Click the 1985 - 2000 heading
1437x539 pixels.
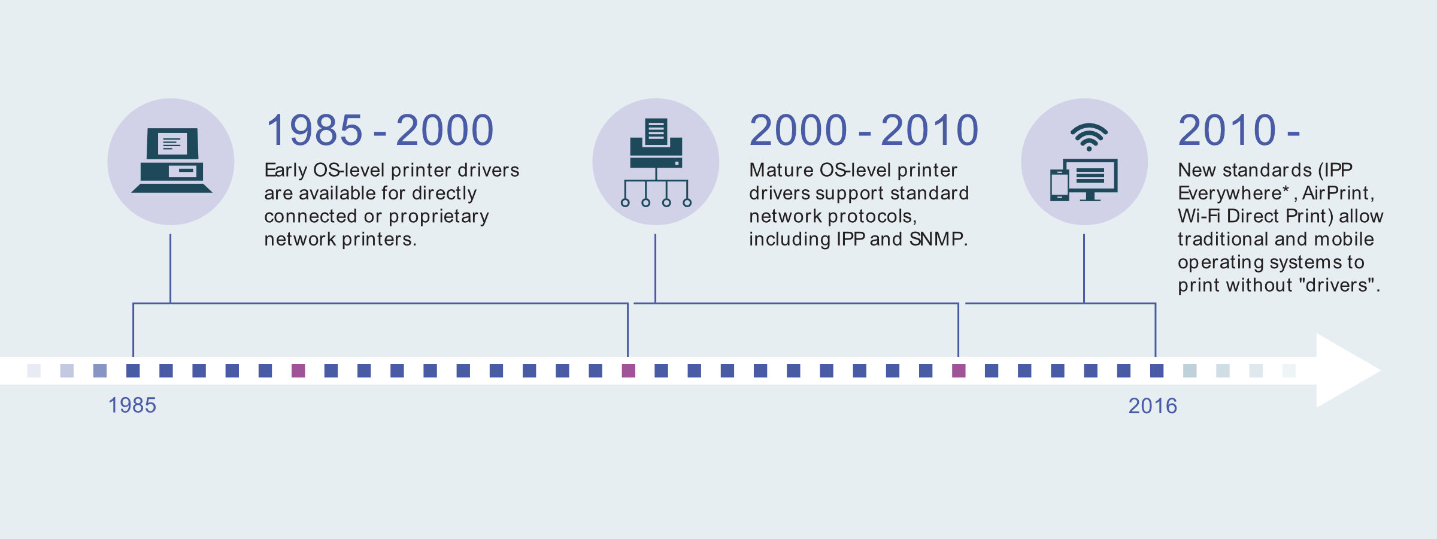[380, 130]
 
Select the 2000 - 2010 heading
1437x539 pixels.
[864, 130]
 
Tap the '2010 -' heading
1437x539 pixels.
[1239, 130]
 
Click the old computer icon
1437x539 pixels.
[172, 161]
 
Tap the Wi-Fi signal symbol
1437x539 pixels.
[1089, 137]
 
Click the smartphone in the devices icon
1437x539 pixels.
[1060, 185]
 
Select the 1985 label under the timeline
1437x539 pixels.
[132, 405]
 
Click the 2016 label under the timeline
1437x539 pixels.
[1153, 406]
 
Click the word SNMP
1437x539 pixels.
[936, 239]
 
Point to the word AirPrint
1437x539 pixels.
[1335, 193]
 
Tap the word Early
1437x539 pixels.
[286, 171]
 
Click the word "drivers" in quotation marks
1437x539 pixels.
[1336, 285]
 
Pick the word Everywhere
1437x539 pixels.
[1230, 193]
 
